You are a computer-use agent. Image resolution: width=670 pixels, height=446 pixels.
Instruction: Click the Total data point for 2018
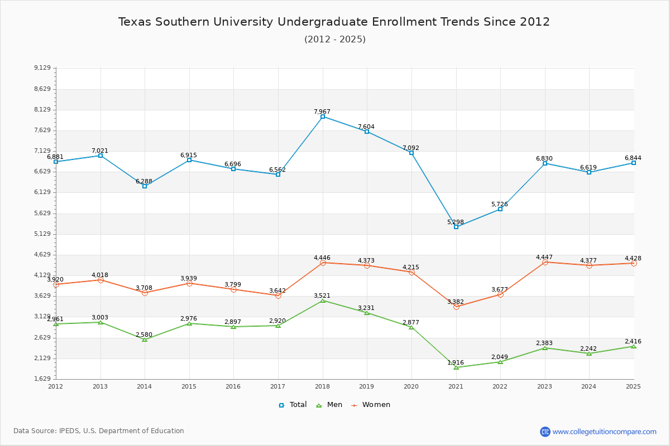pos(323,117)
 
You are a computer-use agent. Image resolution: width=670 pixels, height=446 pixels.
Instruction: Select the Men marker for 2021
pos(456,367)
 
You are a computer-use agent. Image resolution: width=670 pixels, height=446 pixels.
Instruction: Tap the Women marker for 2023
pos(545,262)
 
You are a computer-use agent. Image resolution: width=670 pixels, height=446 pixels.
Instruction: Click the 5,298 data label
pos(456,222)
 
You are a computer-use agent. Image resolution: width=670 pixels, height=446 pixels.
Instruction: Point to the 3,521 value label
pos(322,296)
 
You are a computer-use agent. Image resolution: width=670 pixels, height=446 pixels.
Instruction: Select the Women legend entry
pos(371,405)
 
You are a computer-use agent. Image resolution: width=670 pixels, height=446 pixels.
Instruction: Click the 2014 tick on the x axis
pos(145,386)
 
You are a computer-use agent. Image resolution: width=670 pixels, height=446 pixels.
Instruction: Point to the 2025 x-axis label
pos(633,386)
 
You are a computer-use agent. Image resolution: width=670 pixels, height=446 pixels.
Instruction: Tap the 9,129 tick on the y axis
pos(42,68)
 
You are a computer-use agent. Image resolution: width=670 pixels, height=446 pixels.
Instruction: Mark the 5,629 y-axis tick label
pos(42,214)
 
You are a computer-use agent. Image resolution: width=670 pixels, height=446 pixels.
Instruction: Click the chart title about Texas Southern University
pos(334,22)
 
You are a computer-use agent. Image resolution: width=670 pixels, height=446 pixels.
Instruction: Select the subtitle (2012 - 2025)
pos(334,39)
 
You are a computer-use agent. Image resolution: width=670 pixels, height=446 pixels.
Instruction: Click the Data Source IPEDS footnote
pos(99,431)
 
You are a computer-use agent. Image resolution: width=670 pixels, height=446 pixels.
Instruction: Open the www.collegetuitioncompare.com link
pos(604,432)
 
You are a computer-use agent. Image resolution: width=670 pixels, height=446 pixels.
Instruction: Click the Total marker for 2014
pos(145,186)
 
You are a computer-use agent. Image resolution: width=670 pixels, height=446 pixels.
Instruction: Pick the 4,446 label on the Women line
pos(322,258)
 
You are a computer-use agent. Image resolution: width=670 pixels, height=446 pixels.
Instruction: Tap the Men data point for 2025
pos(634,347)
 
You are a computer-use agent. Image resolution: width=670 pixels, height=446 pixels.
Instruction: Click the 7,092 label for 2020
pos(411,148)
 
